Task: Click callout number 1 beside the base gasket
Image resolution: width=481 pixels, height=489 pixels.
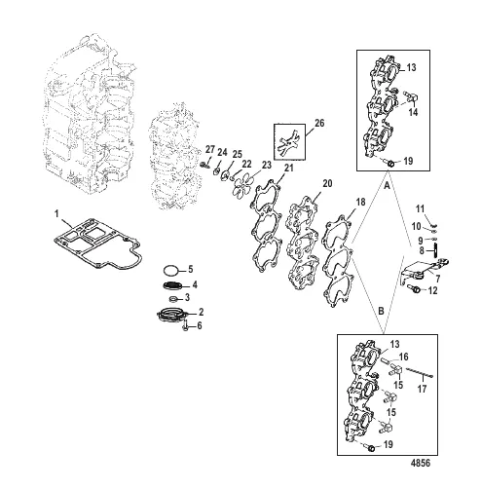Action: tap(56, 213)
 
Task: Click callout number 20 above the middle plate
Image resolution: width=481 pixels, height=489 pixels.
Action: tap(326, 184)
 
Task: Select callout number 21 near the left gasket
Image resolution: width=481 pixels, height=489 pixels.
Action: tap(287, 169)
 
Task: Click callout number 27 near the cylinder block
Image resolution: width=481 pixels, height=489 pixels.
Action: tap(208, 147)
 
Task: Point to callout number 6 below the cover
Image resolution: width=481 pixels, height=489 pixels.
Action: tap(201, 325)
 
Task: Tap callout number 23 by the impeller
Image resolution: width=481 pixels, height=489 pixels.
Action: tap(266, 167)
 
